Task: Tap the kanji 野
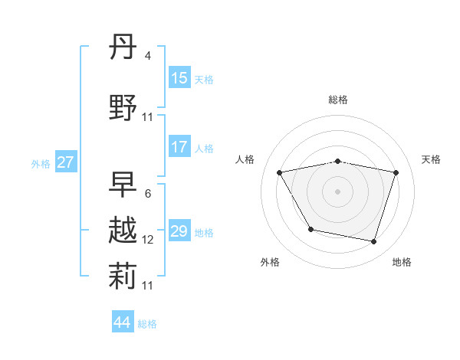[x=123, y=106]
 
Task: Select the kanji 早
[x=123, y=184]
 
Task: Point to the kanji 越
[x=123, y=231]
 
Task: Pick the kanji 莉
[x=123, y=277]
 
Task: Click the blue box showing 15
[x=179, y=78]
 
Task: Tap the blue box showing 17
[x=179, y=147]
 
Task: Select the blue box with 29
[x=179, y=231]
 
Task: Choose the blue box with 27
[x=65, y=162]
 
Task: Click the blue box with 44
[x=123, y=322]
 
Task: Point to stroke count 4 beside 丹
[x=147, y=56]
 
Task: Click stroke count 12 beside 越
[x=148, y=240]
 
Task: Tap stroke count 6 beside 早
[x=147, y=193]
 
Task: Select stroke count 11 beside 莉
[x=148, y=285]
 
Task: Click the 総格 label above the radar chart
[x=338, y=100]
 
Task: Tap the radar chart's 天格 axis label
[x=431, y=159]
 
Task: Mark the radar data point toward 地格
[x=373, y=242]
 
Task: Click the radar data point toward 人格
[x=280, y=172]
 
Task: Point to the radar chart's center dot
[x=338, y=191]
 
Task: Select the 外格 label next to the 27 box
[x=41, y=163]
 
